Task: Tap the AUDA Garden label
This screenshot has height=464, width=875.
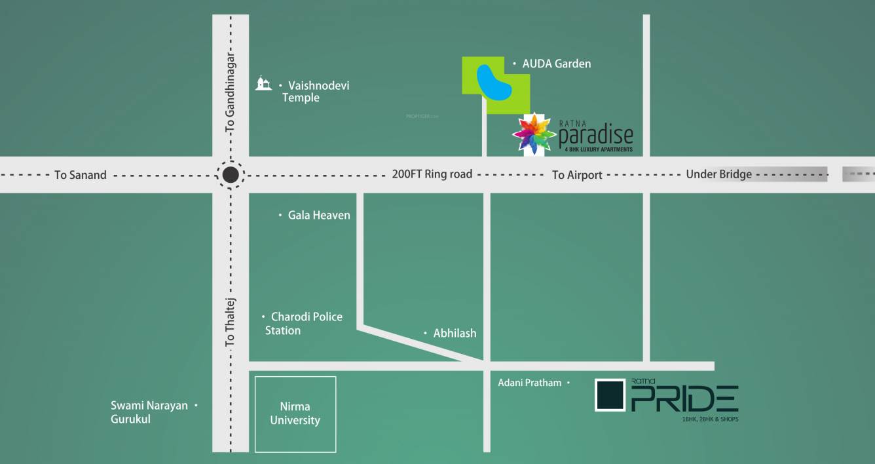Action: tap(556, 64)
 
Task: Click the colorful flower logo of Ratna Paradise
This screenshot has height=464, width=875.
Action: tap(534, 133)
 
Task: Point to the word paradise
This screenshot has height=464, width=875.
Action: tap(596, 135)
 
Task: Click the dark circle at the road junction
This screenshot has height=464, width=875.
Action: tap(230, 175)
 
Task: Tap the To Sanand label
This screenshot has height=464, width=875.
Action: tap(80, 175)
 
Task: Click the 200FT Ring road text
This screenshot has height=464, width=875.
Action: tap(432, 174)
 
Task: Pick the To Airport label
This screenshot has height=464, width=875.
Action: tap(577, 175)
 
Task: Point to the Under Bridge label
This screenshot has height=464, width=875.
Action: tap(718, 174)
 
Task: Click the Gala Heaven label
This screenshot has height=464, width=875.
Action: tap(319, 215)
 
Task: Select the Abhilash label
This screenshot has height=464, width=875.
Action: tap(455, 333)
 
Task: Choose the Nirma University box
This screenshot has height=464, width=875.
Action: tap(295, 414)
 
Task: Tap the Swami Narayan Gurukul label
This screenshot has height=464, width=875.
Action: tap(149, 412)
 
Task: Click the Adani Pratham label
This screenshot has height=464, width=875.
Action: tap(529, 383)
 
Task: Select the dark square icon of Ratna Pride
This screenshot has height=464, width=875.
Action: tap(610, 395)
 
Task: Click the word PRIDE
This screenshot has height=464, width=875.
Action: tap(684, 398)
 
